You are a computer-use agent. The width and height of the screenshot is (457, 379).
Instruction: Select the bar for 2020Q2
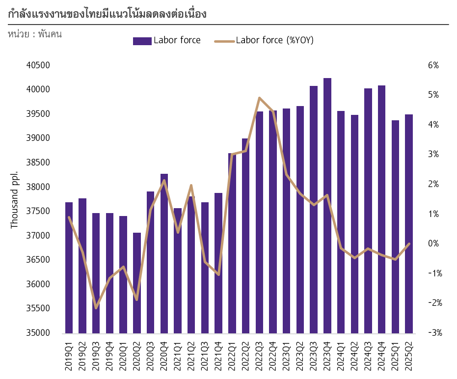[x=137, y=283]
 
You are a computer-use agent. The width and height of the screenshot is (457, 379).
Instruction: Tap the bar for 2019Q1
[x=69, y=268]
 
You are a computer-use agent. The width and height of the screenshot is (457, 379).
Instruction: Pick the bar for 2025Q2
[x=409, y=224]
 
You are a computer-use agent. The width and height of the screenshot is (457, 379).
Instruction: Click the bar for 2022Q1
[x=232, y=243]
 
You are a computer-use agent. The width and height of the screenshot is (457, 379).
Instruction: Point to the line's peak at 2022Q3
[x=259, y=98]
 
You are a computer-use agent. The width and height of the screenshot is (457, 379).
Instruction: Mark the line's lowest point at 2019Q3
[x=96, y=308]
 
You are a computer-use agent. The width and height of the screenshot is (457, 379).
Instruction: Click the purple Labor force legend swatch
[x=142, y=41]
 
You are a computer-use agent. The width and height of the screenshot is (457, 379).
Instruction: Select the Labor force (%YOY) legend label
[x=274, y=40]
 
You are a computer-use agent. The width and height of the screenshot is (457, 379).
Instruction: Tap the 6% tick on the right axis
[x=433, y=65]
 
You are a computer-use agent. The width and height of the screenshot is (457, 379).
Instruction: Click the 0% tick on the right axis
[x=433, y=244]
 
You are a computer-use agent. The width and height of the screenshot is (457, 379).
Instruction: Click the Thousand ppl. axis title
[x=14, y=200]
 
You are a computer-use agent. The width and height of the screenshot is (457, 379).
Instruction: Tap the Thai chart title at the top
[x=108, y=14]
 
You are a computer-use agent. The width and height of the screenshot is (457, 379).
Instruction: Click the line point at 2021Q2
[x=191, y=186]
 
